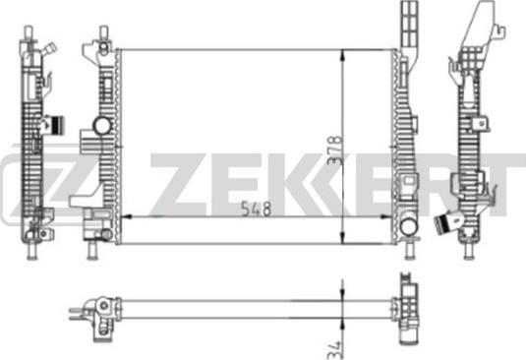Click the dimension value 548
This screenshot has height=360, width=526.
click(x=256, y=209)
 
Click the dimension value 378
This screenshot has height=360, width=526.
click(x=335, y=150)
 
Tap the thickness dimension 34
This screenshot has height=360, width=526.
click(x=333, y=350)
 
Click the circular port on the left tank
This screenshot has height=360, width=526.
click(x=102, y=126)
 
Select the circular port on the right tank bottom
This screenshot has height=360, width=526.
click(x=409, y=226)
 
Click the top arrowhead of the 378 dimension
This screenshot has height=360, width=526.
click(x=342, y=56)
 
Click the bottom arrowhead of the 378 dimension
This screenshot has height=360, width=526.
click(x=342, y=237)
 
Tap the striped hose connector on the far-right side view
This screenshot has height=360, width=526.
click(x=442, y=223)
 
